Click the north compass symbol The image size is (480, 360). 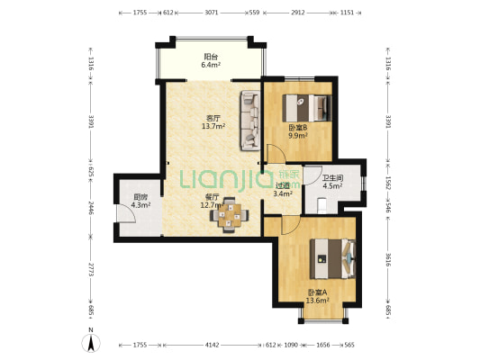coord(91,342)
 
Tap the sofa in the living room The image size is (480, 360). coord(250,121)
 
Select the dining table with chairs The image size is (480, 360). coord(229,215)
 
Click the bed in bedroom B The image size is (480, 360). coord(307,108)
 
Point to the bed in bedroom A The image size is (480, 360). coord(332,259)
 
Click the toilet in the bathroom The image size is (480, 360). coord(322,205)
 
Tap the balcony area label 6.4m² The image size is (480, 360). coord(211,65)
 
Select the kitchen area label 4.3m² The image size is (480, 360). coord(140,205)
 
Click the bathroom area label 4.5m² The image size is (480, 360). coord(332,185)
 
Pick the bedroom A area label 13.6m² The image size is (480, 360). coord(318,301)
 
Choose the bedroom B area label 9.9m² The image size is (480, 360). coord(298,136)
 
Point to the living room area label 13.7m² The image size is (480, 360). coord(213,126)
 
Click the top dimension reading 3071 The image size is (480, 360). coord(212,13)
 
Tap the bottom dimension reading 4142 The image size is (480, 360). coord(212,345)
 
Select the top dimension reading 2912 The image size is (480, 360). coord(298,13)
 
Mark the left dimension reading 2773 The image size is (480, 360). coord(91,269)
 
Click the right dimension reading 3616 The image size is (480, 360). coord(388,259)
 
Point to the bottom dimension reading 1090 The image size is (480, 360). coord(291,345)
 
